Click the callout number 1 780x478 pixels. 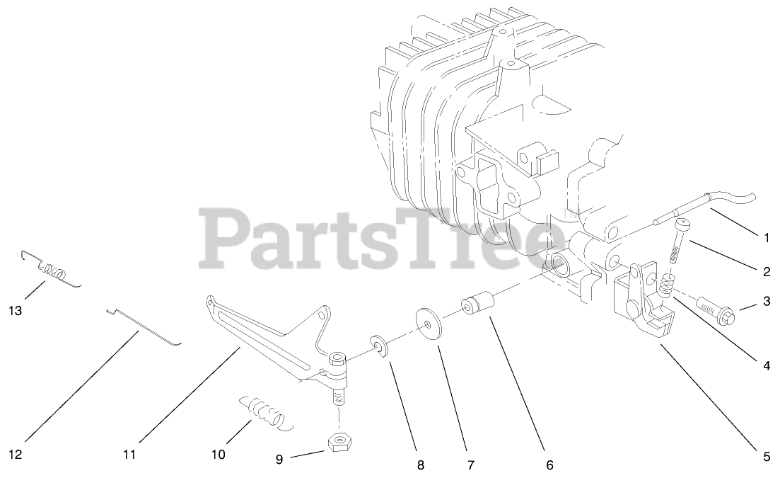click(x=766, y=239)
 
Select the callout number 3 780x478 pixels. click(x=766, y=302)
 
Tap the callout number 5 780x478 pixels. click(x=766, y=457)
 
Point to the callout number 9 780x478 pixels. click(x=279, y=459)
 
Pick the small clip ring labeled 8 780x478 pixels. click(x=382, y=348)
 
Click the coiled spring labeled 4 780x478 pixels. click(x=665, y=285)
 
